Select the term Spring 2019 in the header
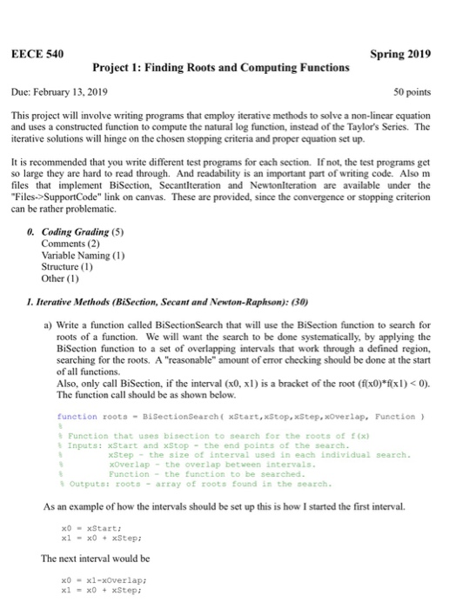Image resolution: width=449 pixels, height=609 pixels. [x=400, y=54]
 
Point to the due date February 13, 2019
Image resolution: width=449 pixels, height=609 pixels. [x=79, y=90]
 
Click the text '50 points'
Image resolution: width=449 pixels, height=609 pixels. [x=412, y=90]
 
